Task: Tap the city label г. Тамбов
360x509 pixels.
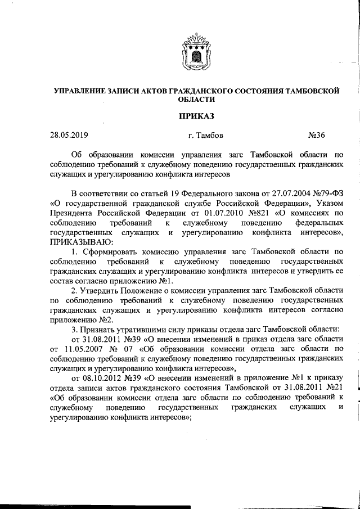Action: (206, 135)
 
